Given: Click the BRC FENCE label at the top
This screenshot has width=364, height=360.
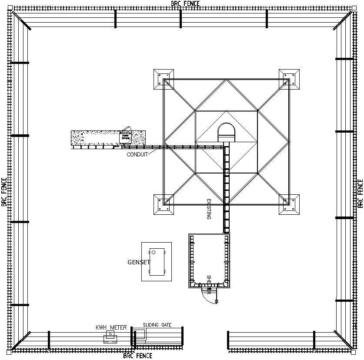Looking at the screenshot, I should pyautogui.click(x=185, y=3).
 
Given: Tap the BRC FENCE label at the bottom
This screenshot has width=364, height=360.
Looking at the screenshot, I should pyautogui.click(x=137, y=356).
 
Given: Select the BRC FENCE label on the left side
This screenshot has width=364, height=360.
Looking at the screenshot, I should pyautogui.click(x=4, y=192).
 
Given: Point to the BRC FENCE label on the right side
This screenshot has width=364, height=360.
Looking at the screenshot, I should pyautogui.click(x=360, y=193).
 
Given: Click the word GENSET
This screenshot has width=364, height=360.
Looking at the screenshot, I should pyautogui.click(x=138, y=262).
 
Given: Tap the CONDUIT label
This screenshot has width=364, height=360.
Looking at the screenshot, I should pyautogui.click(x=137, y=154).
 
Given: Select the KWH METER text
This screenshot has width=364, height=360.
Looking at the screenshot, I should pyautogui.click(x=111, y=327).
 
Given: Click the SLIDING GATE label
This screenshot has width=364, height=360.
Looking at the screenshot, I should pyautogui.click(x=157, y=325).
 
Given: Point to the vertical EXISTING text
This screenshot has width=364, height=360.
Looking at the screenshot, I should pyautogui.click(x=209, y=209).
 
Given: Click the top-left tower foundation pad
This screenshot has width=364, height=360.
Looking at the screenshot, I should pyautogui.click(x=164, y=80).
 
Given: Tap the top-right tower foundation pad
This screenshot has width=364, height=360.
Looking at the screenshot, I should pyautogui.click(x=289, y=80).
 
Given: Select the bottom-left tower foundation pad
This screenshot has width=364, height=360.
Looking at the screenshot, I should pyautogui.click(x=164, y=204).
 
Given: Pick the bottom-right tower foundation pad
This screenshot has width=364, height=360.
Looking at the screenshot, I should pyautogui.click(x=289, y=204).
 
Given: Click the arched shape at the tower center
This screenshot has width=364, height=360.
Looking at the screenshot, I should pyautogui.click(x=226, y=132).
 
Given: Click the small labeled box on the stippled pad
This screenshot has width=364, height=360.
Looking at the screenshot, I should pyautogui.click(x=125, y=138).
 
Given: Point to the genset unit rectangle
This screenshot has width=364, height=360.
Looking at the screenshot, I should pyautogui.click(x=157, y=262).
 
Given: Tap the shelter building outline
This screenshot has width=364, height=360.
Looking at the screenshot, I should pyautogui.click(x=209, y=260).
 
